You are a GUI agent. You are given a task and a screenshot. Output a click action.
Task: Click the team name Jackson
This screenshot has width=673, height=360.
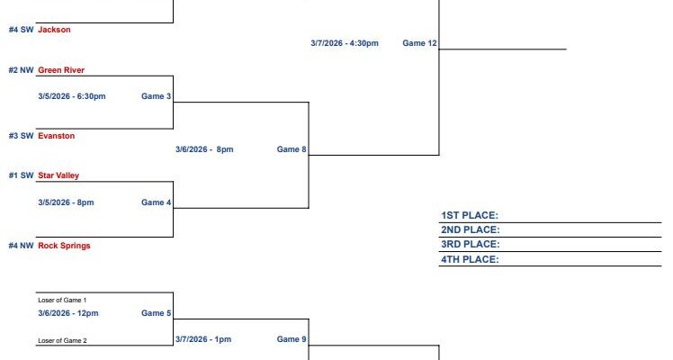tap(54, 30)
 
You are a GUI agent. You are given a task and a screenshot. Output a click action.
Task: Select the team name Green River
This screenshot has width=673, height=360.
tap(61, 70)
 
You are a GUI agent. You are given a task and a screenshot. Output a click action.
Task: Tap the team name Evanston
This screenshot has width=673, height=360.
tap(56, 136)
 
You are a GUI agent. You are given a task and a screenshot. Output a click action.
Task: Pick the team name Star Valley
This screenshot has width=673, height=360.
tap(58, 175)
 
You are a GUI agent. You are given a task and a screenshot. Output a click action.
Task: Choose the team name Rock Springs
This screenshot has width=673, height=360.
tap(64, 246)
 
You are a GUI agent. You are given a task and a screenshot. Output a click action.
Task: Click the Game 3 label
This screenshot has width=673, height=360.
tap(157, 96)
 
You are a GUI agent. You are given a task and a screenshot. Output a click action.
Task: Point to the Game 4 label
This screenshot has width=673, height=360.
tap(157, 202)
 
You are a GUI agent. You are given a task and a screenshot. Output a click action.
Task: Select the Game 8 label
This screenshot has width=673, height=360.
tap(292, 149)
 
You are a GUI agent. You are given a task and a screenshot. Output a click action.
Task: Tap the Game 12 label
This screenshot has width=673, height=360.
tap(419, 43)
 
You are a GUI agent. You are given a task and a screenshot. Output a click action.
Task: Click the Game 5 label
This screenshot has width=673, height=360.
tap(157, 313)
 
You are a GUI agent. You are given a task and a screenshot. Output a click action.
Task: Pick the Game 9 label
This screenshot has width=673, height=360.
tap(292, 339)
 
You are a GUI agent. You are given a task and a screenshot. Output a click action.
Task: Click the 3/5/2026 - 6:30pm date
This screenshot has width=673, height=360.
tap(72, 96)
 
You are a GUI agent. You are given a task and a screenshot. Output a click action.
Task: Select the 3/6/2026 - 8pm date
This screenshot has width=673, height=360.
tap(204, 149)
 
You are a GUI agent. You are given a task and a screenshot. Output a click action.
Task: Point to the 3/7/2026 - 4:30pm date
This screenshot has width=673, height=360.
tap(345, 43)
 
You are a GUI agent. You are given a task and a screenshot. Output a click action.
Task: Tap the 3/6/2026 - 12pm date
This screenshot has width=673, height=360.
tap(67, 313)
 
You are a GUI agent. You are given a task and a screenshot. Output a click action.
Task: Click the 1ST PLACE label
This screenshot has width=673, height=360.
tap(470, 215)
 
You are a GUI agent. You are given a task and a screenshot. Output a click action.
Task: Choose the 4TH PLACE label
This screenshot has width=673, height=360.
tap(470, 259)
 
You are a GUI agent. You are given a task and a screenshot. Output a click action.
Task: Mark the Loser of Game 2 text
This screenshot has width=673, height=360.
tap(62, 341)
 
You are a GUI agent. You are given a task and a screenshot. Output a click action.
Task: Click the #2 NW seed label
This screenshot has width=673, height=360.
tap(21, 70)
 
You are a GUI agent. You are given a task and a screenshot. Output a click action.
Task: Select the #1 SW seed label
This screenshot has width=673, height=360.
tap(21, 175)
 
